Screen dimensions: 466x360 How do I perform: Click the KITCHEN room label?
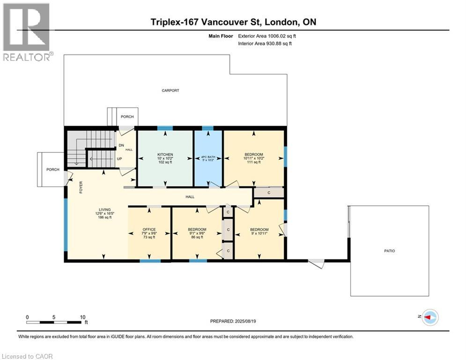pos(165,154)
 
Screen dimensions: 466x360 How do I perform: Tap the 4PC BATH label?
pos(208,157)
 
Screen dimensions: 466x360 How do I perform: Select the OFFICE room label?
pos(149,229)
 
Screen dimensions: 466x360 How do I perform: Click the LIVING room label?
pos(105,210)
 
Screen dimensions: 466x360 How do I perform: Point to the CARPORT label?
pos(170,90)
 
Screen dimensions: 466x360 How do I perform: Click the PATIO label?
pos(390,251)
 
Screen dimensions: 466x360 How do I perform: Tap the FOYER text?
pos(81,187)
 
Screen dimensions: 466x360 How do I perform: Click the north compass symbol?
pos(430,317)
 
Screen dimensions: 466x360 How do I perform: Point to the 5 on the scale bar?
pos(54,317)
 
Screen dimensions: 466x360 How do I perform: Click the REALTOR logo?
pos(27,32)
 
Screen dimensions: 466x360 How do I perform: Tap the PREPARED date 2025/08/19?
pos(245,321)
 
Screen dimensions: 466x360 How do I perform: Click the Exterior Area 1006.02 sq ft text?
pos(267,36)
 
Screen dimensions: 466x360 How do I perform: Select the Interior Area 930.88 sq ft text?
pos(265,44)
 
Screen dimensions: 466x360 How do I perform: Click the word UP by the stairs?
pos(119,159)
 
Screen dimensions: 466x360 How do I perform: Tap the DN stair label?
pos(121,145)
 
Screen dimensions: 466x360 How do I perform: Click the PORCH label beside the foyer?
pos(53,170)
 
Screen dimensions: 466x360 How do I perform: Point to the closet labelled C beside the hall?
pos(269,193)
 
